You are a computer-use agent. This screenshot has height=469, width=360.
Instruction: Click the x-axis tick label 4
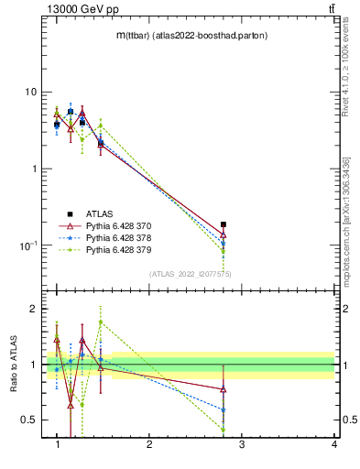point(334,446)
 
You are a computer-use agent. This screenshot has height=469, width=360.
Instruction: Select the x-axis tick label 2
point(149,446)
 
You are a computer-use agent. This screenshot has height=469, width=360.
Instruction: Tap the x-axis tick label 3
point(242,446)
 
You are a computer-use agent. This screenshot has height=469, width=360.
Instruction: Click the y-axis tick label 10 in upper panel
point(30,92)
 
